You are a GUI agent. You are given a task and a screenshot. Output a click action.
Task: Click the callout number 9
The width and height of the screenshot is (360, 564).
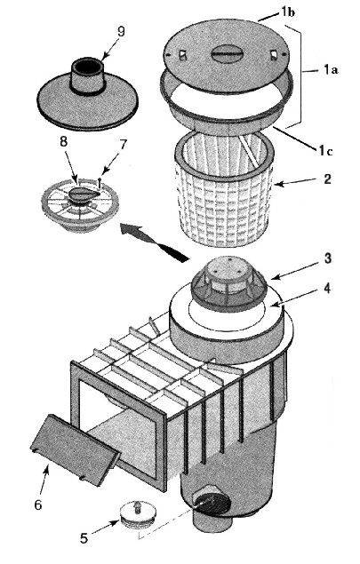(121, 32)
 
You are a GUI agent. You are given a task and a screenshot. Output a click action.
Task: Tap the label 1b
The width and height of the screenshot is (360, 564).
(288, 12)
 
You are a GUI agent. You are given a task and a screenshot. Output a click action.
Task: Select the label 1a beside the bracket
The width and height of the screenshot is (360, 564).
(331, 70)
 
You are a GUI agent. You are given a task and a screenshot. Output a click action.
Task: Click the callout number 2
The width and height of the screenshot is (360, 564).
(327, 179)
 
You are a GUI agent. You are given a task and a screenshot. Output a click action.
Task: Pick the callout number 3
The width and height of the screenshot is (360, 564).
(327, 258)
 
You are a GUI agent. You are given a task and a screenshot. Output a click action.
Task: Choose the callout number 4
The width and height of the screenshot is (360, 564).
(327, 288)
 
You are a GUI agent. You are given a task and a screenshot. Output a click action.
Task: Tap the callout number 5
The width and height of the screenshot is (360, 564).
(84, 537)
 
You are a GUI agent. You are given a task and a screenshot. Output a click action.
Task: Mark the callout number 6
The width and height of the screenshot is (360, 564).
(38, 504)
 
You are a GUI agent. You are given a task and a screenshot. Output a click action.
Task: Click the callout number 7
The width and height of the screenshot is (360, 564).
(123, 145)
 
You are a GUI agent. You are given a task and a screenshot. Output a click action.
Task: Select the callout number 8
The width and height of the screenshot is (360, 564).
(63, 142)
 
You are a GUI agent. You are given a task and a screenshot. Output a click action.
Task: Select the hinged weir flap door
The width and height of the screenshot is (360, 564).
(75, 449)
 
